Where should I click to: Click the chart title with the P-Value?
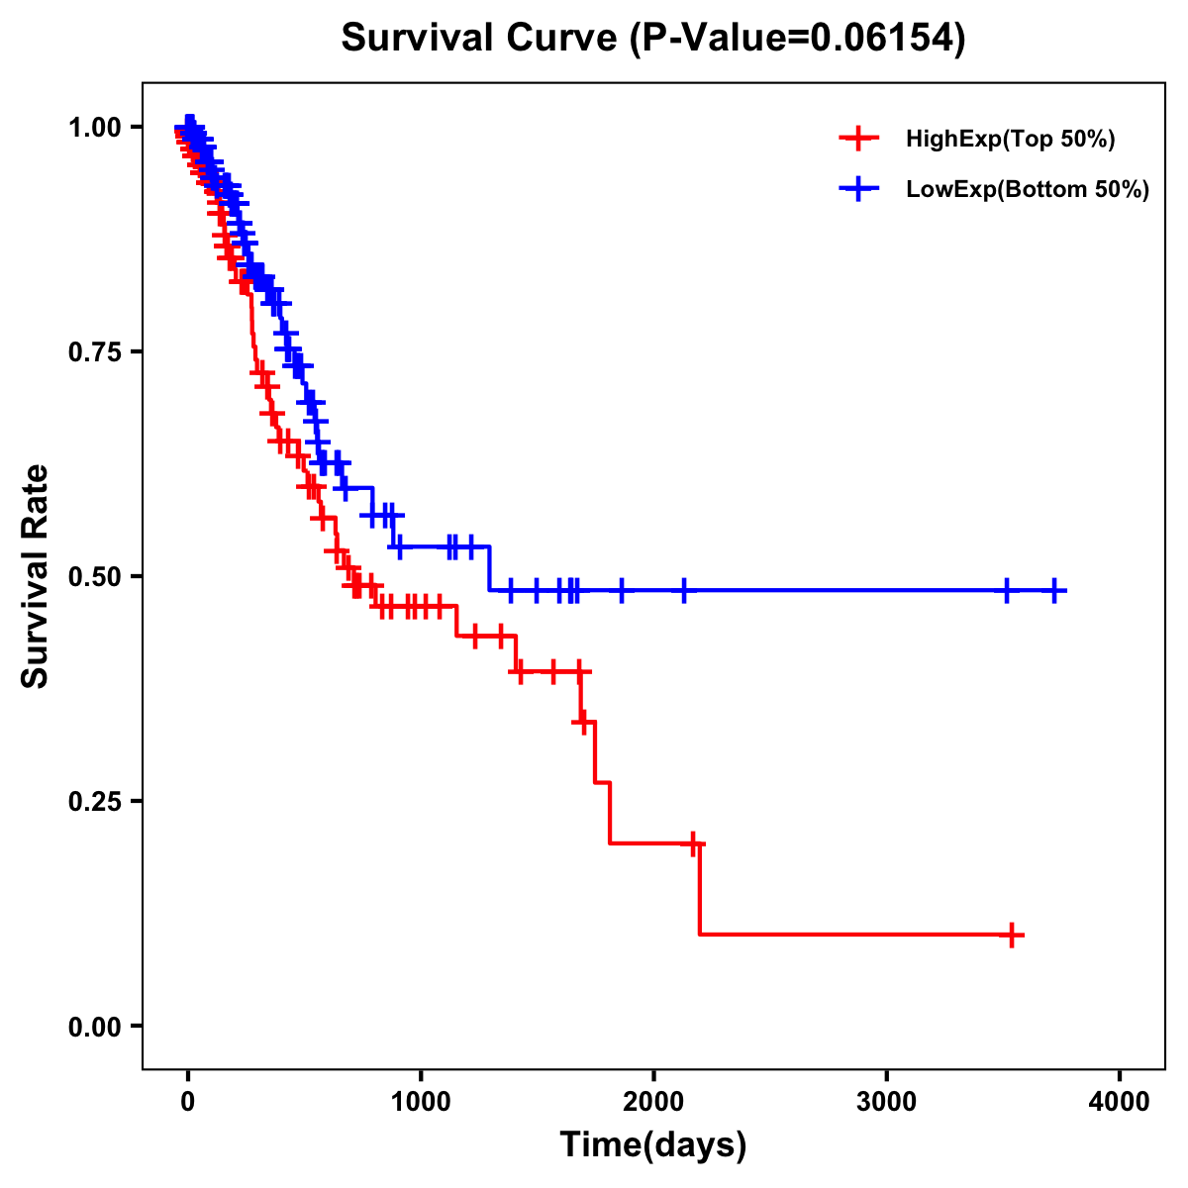click(653, 39)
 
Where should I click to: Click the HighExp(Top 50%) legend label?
click(1010, 140)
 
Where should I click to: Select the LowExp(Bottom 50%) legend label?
click(1028, 190)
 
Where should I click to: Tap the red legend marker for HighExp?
click(858, 140)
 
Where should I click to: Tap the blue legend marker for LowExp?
click(858, 189)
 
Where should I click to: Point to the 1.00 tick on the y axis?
click(94, 128)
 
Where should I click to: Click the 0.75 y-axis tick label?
click(94, 352)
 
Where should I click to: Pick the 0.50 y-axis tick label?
click(94, 576)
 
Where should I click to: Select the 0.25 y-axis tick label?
click(94, 801)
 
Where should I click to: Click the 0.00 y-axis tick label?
click(94, 1027)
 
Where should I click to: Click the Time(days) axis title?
click(653, 1145)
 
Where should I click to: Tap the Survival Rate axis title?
click(36, 575)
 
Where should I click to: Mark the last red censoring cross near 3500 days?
click(1012, 934)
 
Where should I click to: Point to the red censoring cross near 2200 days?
click(694, 843)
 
